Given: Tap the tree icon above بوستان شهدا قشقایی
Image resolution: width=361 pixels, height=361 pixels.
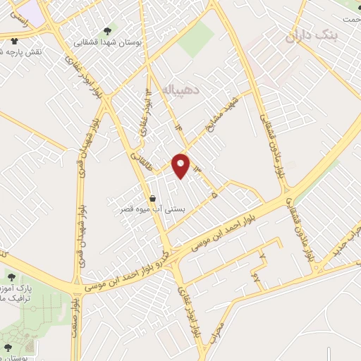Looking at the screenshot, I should coord(106,31).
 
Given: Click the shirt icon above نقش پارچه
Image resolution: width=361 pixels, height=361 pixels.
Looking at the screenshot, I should coord(14,42).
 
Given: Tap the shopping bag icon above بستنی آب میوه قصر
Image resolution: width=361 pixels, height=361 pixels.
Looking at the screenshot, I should coord(152,199).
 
